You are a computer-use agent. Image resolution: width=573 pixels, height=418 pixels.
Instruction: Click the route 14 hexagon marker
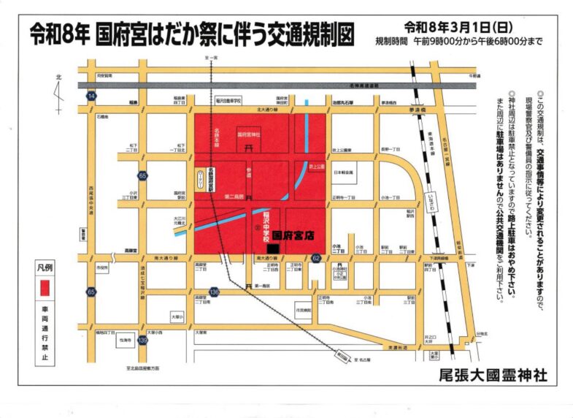(91, 96)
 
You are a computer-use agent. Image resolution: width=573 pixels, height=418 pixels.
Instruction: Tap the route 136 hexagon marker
(213, 292)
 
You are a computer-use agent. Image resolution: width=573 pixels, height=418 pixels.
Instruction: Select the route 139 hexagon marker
(143, 340)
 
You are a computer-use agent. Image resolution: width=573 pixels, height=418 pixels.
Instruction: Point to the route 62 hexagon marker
(316, 258)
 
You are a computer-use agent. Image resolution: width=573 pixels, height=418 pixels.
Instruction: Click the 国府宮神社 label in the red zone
(250, 136)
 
